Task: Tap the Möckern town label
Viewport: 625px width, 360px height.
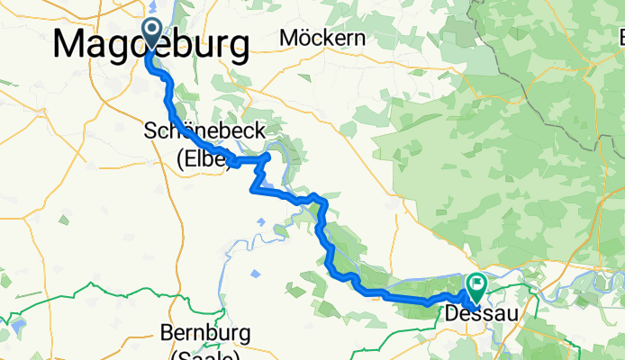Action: tap(322, 38)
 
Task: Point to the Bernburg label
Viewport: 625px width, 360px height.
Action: tap(204, 332)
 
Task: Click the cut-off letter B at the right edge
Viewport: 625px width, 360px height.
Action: tap(620, 39)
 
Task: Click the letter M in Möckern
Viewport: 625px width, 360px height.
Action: tap(288, 38)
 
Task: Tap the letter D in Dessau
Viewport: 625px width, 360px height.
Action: tap(455, 313)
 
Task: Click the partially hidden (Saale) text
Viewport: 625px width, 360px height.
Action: tap(204, 355)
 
